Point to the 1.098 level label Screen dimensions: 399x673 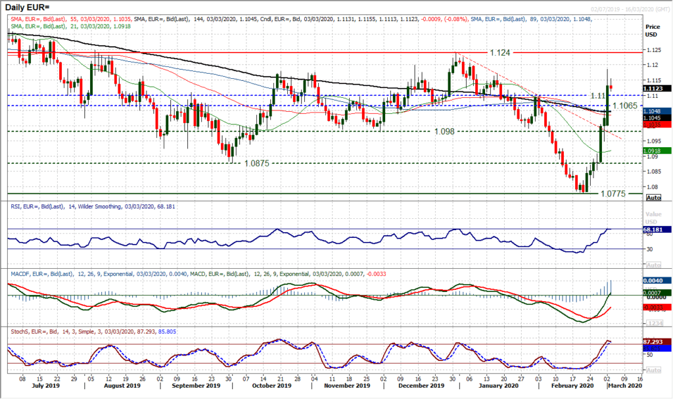pyautogui.click(x=444, y=131)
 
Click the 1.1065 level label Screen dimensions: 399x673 pyautogui.click(x=626, y=105)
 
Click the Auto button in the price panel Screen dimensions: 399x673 pyautogui.click(x=653, y=197)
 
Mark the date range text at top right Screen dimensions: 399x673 pyautogui.click(x=634, y=6)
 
